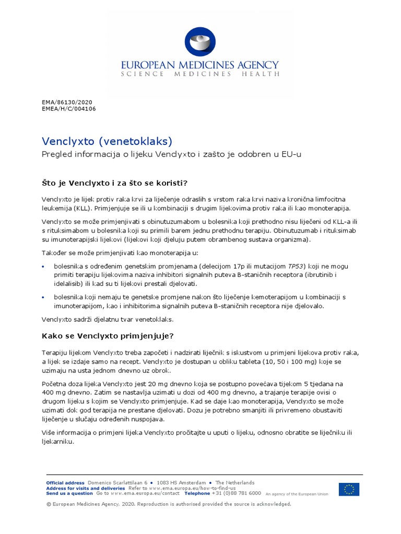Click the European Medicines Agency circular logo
(x=200, y=42)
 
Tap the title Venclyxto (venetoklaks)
(x=107, y=141)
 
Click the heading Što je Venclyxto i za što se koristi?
(x=114, y=183)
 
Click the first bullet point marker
(x=43, y=267)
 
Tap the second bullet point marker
(x=43, y=297)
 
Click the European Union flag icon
(x=348, y=489)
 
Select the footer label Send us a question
(x=69, y=493)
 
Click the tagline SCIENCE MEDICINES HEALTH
(x=200, y=75)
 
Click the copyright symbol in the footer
(x=49, y=504)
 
